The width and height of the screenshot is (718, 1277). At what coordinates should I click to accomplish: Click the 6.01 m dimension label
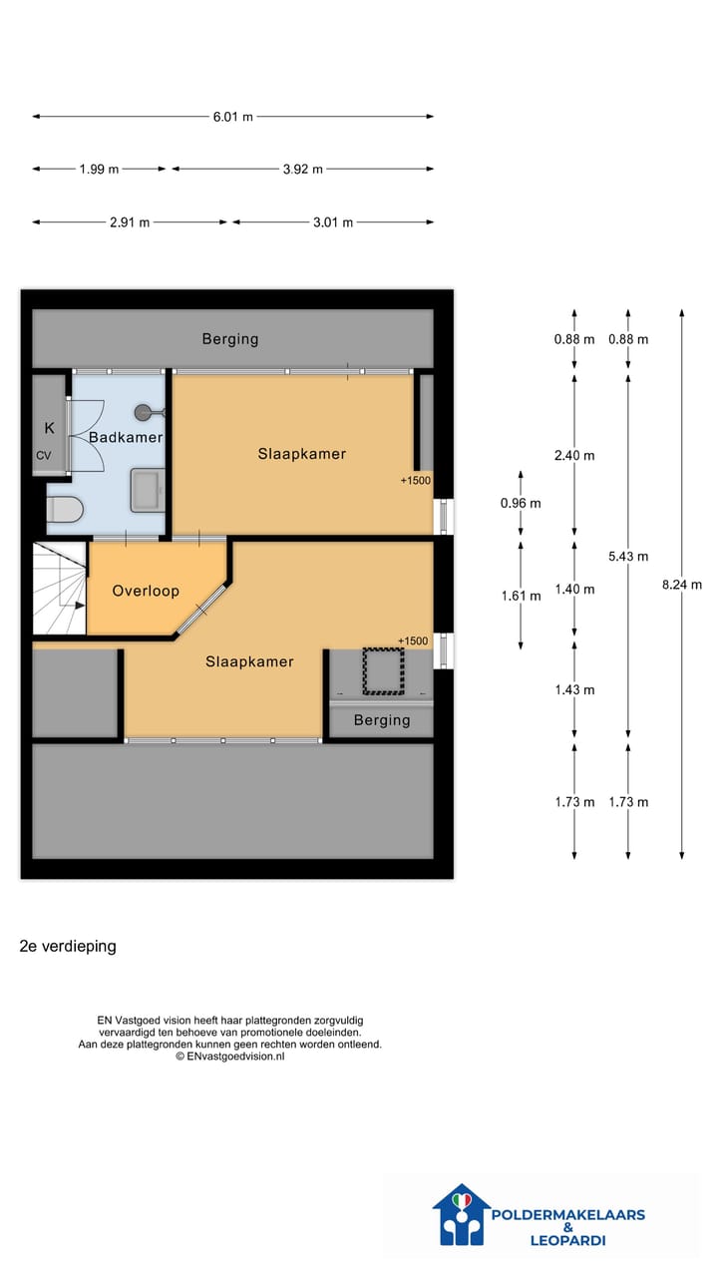pyautogui.click(x=232, y=117)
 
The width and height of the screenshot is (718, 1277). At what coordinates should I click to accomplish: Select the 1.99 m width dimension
pyautogui.click(x=99, y=170)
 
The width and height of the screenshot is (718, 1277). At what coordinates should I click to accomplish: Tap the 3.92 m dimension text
pyautogui.click(x=302, y=170)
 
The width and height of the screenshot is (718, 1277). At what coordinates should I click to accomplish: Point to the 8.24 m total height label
pyautogui.click(x=681, y=585)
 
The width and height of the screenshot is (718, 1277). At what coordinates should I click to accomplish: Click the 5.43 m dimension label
pyautogui.click(x=628, y=557)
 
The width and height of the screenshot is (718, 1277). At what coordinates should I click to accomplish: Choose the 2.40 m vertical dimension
pyautogui.click(x=574, y=456)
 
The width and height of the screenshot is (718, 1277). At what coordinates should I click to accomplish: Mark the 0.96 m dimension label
pyautogui.click(x=521, y=503)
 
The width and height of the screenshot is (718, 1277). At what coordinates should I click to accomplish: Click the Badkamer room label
pyautogui.click(x=126, y=437)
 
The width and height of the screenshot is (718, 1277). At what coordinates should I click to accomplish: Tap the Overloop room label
pyautogui.click(x=146, y=591)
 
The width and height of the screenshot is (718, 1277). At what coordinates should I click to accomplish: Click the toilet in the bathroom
pyautogui.click(x=65, y=509)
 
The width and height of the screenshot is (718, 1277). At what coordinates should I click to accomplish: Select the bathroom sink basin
pyautogui.click(x=148, y=490)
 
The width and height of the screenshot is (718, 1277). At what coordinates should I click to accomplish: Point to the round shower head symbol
pyautogui.click(x=143, y=412)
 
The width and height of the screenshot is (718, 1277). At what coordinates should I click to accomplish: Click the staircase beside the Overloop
pyautogui.click(x=59, y=588)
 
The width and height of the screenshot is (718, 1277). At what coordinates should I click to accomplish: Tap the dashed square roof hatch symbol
pyautogui.click(x=384, y=671)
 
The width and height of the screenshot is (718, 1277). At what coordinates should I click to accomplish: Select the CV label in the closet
pyautogui.click(x=44, y=456)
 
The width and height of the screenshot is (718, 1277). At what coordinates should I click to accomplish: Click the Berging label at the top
pyautogui.click(x=230, y=339)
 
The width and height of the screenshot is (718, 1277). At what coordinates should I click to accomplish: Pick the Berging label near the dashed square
pyautogui.click(x=382, y=720)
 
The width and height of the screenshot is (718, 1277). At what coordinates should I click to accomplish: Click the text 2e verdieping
pyautogui.click(x=68, y=947)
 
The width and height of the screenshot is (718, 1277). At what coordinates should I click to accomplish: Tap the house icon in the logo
pyautogui.click(x=462, y=1214)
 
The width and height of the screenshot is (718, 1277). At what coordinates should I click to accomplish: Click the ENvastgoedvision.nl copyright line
pyautogui.click(x=229, y=1057)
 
